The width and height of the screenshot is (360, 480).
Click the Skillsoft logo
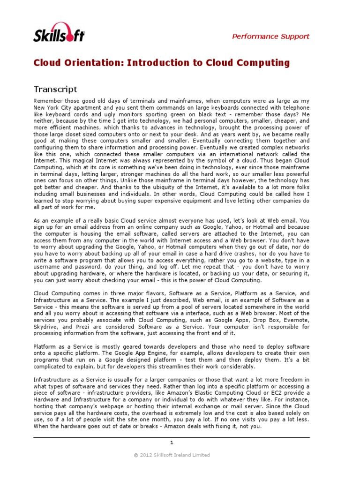click(59, 32)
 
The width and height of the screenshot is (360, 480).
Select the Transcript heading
click(55, 89)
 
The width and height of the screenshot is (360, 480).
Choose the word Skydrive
click(46, 326)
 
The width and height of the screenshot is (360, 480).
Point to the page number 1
click(172, 442)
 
